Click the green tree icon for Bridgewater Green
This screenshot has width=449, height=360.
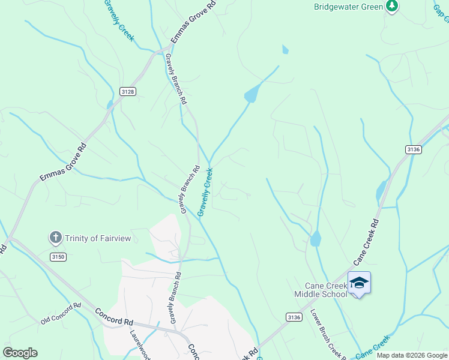(392, 7)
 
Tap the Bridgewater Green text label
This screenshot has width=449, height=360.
(348, 7)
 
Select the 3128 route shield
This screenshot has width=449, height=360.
(127, 91)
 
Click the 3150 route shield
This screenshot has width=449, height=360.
(58, 257)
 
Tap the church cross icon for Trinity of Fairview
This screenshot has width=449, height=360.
(56, 238)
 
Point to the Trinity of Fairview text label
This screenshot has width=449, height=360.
(98, 238)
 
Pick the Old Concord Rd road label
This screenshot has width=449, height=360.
(61, 314)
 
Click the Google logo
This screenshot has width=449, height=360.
(20, 353)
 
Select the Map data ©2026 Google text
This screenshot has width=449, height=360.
(411, 355)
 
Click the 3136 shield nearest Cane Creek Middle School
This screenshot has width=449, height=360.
(294, 317)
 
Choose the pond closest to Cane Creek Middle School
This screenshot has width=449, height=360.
(315, 239)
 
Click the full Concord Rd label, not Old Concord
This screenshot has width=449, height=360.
(114, 317)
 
